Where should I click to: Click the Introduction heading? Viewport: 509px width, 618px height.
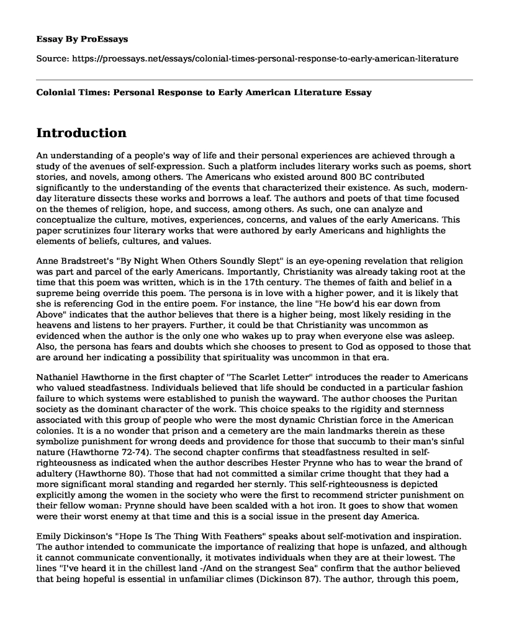click(x=82, y=133)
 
